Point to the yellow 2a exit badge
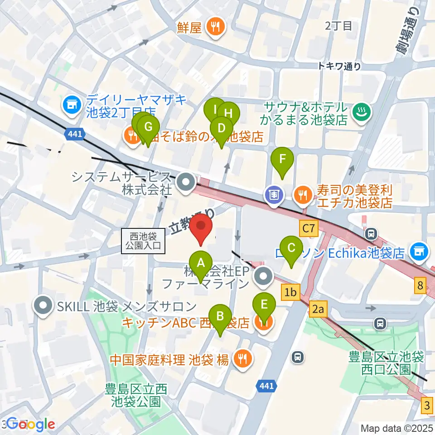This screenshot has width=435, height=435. pyautogui.click(x=319, y=309)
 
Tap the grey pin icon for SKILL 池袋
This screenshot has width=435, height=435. pyautogui.click(x=44, y=306)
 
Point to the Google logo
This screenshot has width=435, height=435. pyautogui.click(x=31, y=424)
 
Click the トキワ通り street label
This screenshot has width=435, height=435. pyautogui.click(x=339, y=66)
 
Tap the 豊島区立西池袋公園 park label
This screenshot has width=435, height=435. pyautogui.click(x=136, y=395)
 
